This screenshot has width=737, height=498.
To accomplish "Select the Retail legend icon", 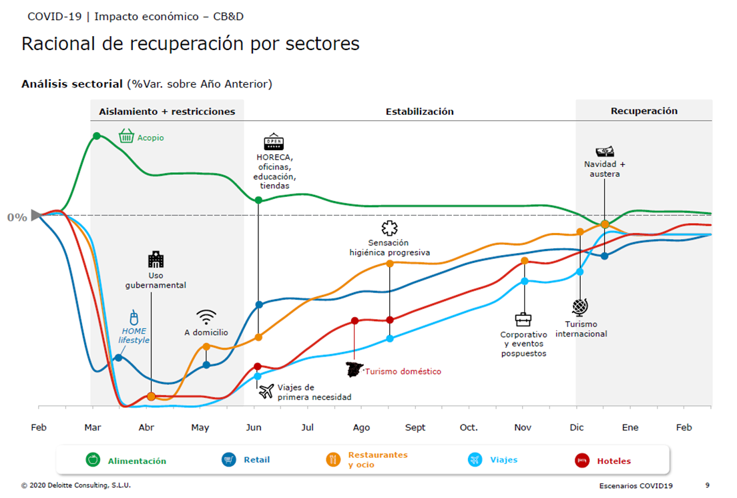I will pos(229,459).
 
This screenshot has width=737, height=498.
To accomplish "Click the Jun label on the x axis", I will pos(254,427).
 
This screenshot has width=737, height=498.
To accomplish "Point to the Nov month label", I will pos(523,427).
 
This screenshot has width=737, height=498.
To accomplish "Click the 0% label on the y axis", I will pos(17,217).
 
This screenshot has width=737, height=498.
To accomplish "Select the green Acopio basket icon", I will pos(126,136).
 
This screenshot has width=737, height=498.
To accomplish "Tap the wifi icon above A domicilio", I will pos(206,316).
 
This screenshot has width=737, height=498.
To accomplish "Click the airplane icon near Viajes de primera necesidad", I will pos(266,391).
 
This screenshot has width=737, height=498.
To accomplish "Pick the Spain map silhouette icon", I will pos(354,369).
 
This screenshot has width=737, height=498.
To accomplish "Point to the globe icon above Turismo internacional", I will pos(580,308).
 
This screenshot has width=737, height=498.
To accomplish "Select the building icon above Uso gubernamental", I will pos(156,260).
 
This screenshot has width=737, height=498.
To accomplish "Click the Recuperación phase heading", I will pos(644,111).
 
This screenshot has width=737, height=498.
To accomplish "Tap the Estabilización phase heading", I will pos(419,111).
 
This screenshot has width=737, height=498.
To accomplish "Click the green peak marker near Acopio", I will pos(97,136).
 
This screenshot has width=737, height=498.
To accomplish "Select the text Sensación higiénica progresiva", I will pos(389,248).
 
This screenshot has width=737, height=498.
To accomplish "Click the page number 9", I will pos(708,485).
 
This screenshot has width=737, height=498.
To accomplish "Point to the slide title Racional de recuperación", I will pos(190,44).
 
